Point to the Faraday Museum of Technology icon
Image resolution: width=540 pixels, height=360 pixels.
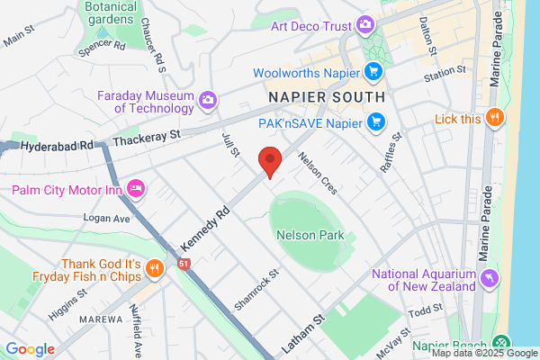click(209, 100)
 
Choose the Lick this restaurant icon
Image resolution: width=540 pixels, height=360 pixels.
click(493, 118)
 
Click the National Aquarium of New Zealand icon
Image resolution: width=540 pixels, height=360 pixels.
click(489, 279)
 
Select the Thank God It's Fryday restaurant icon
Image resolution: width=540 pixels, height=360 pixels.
click(155, 268)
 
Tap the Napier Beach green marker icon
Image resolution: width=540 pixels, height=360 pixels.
click(501, 345)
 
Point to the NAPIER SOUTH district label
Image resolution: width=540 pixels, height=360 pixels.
click(327, 95)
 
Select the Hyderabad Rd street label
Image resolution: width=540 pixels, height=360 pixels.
click(58, 145)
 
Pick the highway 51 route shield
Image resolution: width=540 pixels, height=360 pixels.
click(184, 264)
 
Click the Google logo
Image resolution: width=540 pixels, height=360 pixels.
click(30, 349)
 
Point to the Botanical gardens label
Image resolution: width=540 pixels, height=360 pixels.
click(111, 12)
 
